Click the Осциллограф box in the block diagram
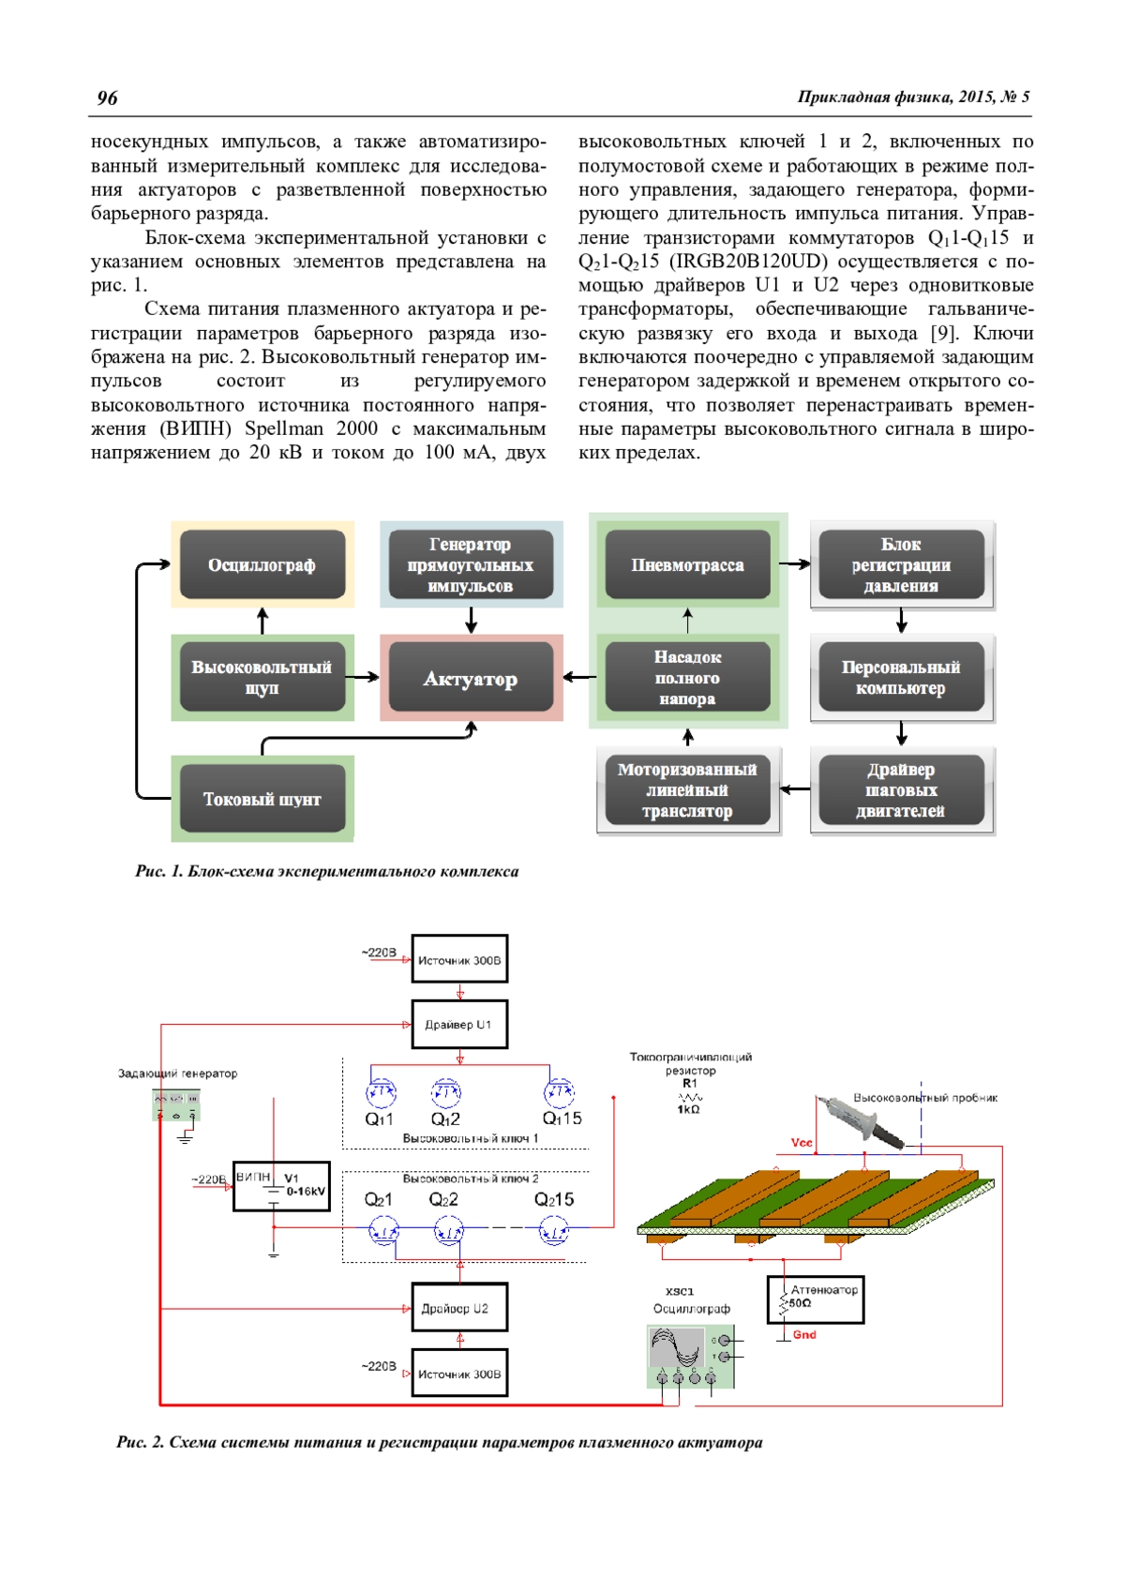262,564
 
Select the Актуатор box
471,678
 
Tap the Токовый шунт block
262,799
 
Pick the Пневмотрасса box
687,564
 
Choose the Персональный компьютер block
901,677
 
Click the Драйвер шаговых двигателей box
901,790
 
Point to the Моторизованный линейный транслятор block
687,790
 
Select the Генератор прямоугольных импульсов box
471,564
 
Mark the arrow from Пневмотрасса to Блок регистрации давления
794,564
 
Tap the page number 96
108,98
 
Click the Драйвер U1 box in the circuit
459,1025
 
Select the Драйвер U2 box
459,1308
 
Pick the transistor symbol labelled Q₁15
559,1093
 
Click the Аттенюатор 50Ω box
816,1299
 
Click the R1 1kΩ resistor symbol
690,1097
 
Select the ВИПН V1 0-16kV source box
281,1187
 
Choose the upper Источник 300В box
459,959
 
